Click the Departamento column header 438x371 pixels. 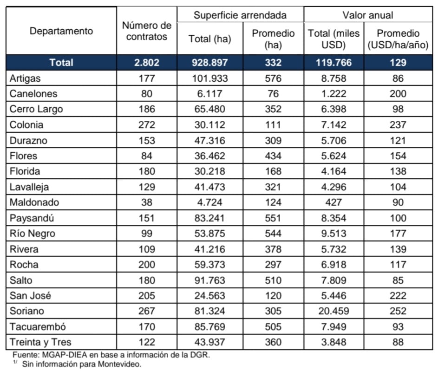(61, 31)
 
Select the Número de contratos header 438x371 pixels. (147, 31)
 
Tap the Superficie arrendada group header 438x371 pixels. (240, 15)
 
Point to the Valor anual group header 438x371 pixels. (368, 15)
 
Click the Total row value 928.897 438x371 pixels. (210, 63)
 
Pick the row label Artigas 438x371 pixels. (25, 78)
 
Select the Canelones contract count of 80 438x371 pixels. (147, 94)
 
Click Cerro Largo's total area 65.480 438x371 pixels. (210, 109)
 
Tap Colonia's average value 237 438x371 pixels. (398, 125)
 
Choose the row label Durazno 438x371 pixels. (28, 140)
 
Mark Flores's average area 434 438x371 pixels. (273, 156)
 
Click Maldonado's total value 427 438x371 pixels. (334, 202)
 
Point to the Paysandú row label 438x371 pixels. (32, 218)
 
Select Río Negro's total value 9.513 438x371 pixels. (334, 234)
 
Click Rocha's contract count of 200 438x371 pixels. (147, 265)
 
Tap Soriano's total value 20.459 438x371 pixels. (334, 311)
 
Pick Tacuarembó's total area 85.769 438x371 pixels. (210, 326)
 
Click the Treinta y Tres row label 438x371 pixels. (40, 342)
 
